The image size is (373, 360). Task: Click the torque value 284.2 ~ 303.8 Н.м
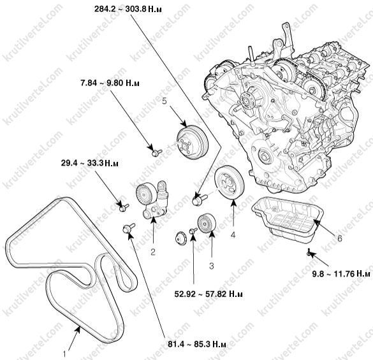tap(128, 10)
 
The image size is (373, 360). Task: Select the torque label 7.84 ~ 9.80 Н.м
tap(110, 83)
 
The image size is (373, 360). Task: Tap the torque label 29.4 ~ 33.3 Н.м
tap(90, 163)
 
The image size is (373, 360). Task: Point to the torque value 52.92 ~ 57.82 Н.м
tap(208, 294)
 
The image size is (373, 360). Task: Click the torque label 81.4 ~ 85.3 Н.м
tap(197, 344)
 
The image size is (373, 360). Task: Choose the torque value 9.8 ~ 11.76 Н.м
tap(341, 274)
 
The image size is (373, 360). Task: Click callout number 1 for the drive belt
tap(64, 354)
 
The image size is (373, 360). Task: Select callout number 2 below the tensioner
tap(153, 252)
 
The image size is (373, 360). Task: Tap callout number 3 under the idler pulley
tap(212, 266)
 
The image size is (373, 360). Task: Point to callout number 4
tap(233, 235)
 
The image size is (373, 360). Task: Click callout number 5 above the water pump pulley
tap(165, 101)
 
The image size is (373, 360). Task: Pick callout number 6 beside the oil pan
tap(339, 238)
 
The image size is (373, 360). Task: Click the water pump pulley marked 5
tap(193, 142)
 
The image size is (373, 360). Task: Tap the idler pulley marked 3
tap(207, 224)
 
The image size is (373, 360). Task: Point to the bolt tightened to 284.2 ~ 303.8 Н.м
tap(200, 199)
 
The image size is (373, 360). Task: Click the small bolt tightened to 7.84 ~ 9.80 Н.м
tap(156, 152)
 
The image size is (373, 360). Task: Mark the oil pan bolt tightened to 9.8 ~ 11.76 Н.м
tap(309, 252)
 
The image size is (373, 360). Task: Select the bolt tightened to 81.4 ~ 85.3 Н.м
tap(129, 228)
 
